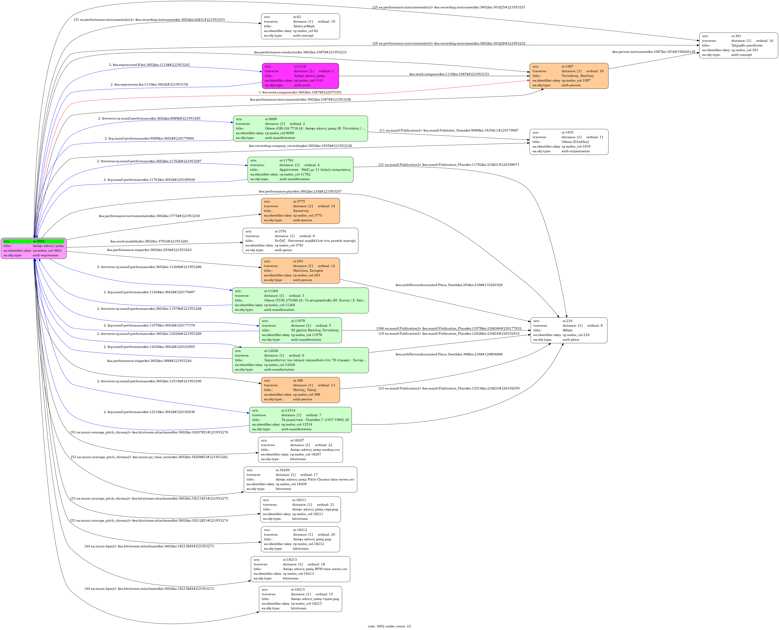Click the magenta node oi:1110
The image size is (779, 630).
point(300,76)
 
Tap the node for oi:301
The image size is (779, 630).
point(738,45)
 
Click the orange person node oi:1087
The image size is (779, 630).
point(569,76)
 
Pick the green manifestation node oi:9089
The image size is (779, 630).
point(300,128)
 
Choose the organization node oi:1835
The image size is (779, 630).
point(569,142)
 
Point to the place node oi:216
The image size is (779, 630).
point(569,330)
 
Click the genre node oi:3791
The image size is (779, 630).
point(300,241)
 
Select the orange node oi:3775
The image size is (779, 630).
point(300,211)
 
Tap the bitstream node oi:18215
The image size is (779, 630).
point(300,599)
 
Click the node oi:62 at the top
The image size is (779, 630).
point(300,26)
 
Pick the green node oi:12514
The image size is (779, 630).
point(300,420)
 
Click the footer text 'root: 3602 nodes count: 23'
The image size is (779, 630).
point(389,626)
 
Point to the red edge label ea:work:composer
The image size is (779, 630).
point(300,92)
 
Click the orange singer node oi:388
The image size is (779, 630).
point(300,390)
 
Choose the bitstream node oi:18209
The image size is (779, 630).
point(300,479)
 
